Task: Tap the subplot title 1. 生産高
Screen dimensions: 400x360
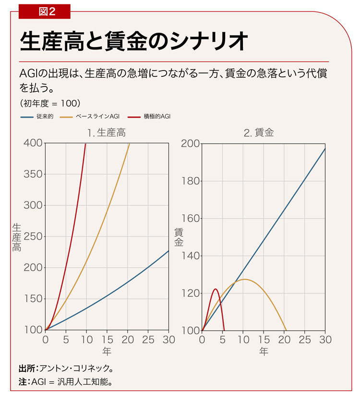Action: pyautogui.click(x=107, y=133)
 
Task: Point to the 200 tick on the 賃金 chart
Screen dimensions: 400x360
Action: pyautogui.click(x=191, y=143)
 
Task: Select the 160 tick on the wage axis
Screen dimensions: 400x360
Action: pyautogui.click(x=191, y=218)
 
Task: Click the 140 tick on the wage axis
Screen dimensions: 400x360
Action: pyautogui.click(x=191, y=255)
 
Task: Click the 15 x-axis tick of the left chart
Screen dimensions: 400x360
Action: pyautogui.click(x=107, y=340)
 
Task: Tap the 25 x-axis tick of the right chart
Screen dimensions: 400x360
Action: pyautogui.click(x=304, y=340)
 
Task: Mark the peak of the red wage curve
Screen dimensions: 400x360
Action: pyautogui.click(x=216, y=289)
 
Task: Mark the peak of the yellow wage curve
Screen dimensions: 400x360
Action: pyautogui.click(x=244, y=279)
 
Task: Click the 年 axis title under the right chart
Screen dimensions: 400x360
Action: pyautogui.click(x=264, y=352)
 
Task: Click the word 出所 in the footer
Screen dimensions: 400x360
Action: pyautogui.click(x=26, y=369)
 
